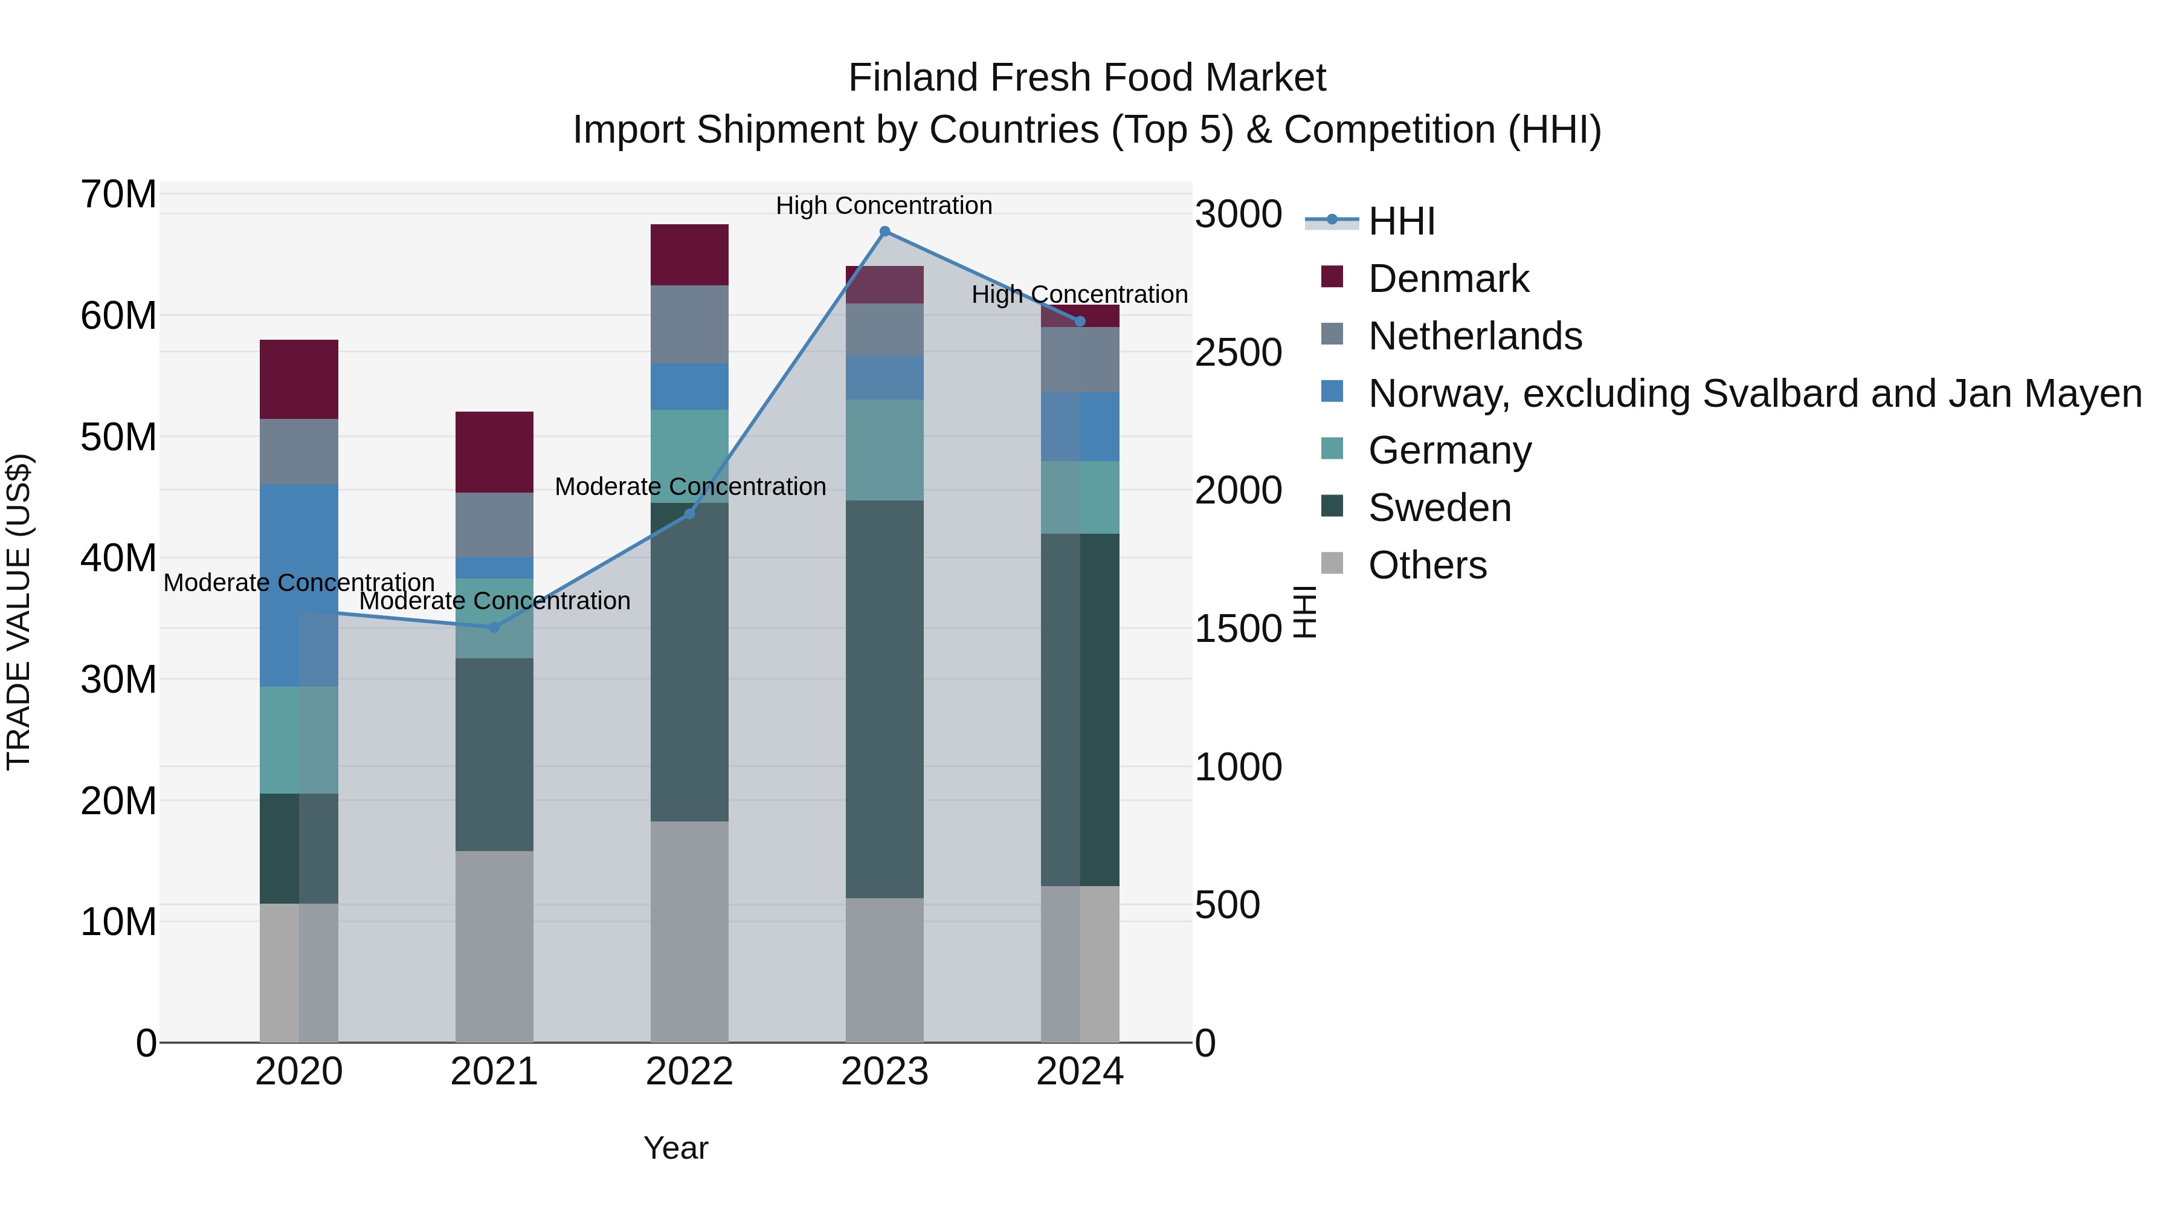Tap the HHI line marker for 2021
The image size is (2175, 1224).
coord(494,627)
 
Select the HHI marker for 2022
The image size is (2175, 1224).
coord(689,514)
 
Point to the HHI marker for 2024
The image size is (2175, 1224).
coord(1079,321)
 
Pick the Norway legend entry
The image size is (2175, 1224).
coord(1754,393)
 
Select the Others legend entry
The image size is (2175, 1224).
coord(1427,565)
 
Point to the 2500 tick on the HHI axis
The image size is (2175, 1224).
coord(1238,352)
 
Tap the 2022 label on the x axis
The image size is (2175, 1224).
coord(689,1072)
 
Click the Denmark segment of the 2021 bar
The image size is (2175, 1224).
coord(494,452)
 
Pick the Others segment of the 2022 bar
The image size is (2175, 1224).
coord(689,931)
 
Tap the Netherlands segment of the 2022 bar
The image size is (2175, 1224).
coord(689,325)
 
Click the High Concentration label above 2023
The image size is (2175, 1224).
coord(883,206)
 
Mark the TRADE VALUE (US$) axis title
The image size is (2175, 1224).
coord(19,612)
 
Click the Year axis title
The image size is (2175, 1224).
coord(675,1148)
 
